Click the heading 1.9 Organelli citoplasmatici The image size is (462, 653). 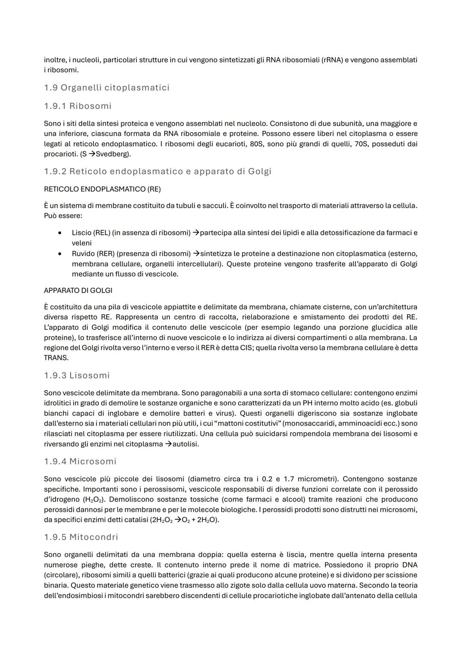[107, 88]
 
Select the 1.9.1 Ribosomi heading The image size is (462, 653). [77, 106]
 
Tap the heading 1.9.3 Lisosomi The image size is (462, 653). [77, 375]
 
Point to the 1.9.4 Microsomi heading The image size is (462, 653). [80, 461]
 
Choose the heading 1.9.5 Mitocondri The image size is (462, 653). [81, 537]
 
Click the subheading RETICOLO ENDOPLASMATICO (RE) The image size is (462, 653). [102, 189]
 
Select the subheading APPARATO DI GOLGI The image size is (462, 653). [78, 290]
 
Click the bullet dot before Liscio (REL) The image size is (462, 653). [60, 233]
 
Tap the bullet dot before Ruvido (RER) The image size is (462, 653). [60, 254]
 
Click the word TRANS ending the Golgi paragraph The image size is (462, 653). [56, 358]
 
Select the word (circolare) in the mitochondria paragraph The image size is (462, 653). [61, 575]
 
